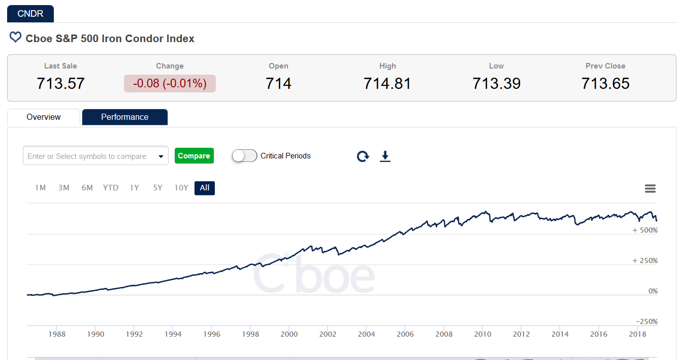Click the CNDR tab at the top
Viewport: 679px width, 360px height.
(30, 14)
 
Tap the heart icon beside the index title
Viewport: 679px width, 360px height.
(16, 38)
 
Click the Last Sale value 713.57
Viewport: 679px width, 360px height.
(60, 83)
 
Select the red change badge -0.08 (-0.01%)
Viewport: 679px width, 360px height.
(170, 83)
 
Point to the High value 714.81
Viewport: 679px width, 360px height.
(387, 83)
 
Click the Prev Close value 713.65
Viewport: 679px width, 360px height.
(605, 83)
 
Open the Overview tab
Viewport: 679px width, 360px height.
(44, 117)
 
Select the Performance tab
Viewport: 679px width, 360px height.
(124, 117)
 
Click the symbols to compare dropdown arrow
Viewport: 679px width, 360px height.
(161, 156)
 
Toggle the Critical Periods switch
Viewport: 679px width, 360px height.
(244, 156)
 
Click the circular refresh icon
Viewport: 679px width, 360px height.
(363, 156)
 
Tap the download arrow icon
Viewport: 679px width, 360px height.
(385, 156)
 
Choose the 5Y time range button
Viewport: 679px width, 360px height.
(157, 188)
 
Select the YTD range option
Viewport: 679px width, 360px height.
(110, 188)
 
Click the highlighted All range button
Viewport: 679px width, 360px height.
(205, 188)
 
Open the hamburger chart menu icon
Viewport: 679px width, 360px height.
(650, 189)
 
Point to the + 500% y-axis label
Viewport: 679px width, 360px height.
(645, 230)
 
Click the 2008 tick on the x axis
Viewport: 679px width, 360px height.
(444, 334)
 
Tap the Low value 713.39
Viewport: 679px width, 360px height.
(496, 83)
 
